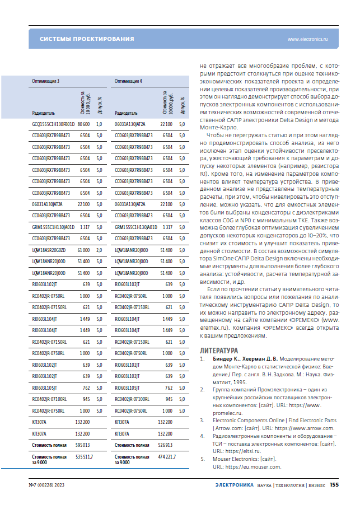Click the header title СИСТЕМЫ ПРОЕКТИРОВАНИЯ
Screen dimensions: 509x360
[x=87, y=39]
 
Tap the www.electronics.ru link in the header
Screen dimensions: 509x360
[x=307, y=39]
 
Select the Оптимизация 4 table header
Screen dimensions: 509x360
[x=128, y=81]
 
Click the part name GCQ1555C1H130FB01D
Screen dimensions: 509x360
[x=53, y=123]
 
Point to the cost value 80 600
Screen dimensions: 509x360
[x=83, y=123]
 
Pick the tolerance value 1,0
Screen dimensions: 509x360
[x=99, y=123]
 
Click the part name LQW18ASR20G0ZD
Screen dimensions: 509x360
[x=50, y=251]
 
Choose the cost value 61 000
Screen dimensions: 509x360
[x=83, y=251]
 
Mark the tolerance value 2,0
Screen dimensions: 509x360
[x=99, y=251]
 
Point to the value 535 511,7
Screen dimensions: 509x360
[x=84, y=457]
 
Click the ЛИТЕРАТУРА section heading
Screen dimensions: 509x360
[x=218, y=351]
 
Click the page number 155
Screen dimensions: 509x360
[x=334, y=485]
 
